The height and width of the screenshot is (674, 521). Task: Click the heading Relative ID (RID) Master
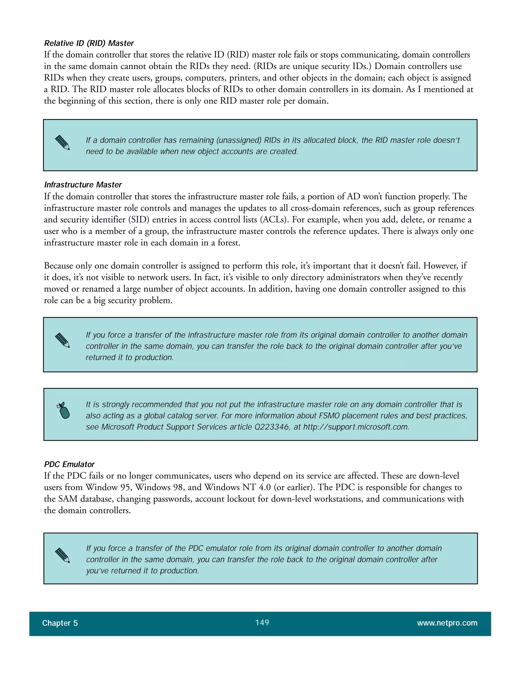pos(89,43)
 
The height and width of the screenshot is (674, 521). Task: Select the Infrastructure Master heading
pos(83,185)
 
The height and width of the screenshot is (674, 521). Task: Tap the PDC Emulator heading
pos(69,464)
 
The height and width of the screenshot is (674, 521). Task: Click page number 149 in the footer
pos(262,622)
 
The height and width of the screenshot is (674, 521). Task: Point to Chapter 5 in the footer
pos(60,623)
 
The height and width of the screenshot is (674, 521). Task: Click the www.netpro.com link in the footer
pos(447,623)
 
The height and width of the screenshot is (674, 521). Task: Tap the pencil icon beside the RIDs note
pos(62,143)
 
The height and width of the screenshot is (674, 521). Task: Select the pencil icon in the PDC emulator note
pos(62,555)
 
